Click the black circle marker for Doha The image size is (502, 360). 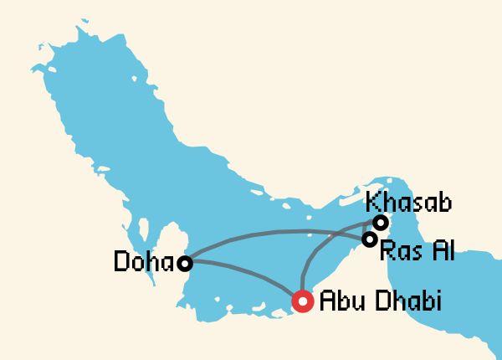tap(185, 264)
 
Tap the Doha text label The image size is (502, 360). tap(144, 264)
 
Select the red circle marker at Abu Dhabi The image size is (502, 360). tap(301, 301)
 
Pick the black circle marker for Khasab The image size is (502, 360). tap(381, 223)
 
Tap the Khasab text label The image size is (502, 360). tap(409, 203)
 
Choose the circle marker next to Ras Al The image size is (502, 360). tap(369, 239)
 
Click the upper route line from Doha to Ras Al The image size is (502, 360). tap(276, 231)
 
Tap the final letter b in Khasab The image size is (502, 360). tap(445, 203)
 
